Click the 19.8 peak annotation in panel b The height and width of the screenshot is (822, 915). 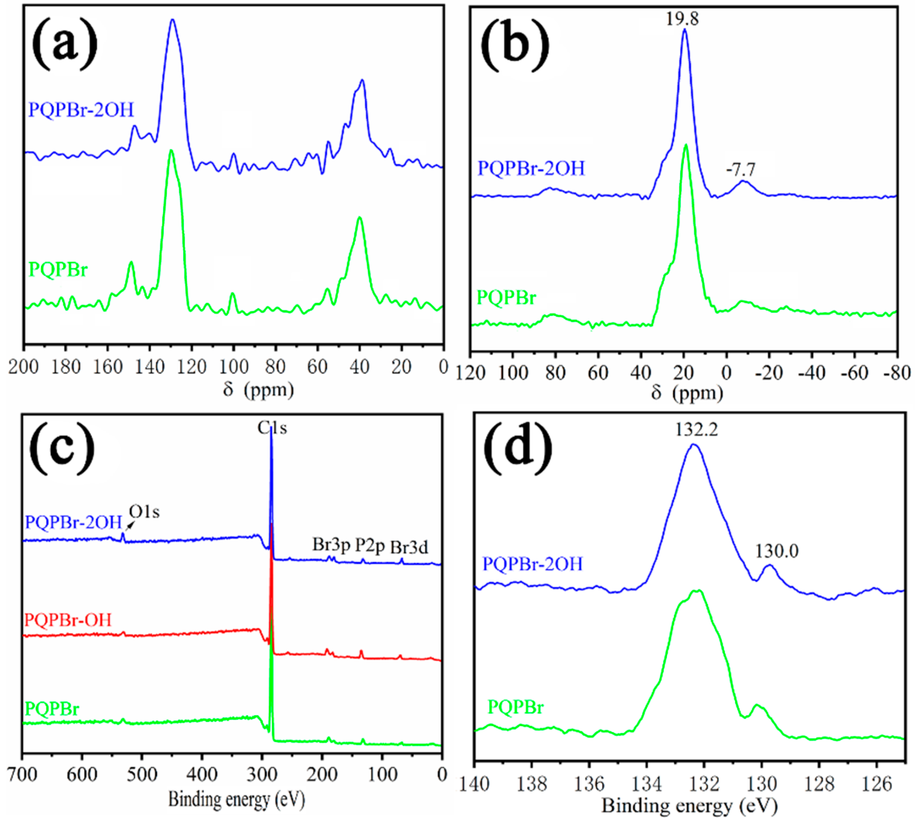coord(682,19)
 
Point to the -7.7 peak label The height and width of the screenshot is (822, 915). coord(740,169)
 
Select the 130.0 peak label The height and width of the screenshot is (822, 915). coord(777,551)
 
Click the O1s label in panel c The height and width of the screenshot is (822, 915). coord(144,512)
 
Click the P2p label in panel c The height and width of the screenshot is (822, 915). coord(369,545)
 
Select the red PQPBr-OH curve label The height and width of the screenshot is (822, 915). coord(68,620)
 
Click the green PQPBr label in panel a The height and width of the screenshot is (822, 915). coord(58,270)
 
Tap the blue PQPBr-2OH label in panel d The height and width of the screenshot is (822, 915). coord(533,564)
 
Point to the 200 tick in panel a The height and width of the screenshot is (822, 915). coord(23,367)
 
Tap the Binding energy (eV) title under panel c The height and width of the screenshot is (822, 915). coord(237,799)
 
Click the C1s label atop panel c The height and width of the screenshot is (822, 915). coord(272,427)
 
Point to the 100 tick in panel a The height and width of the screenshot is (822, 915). coord(234,367)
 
